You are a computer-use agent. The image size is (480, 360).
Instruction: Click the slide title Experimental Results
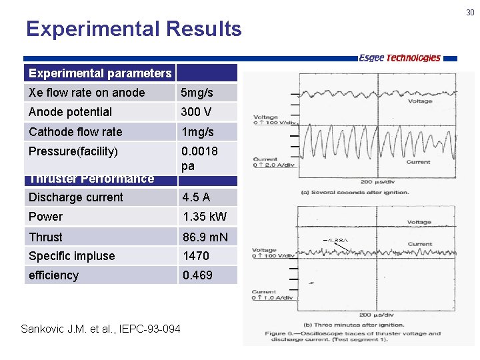tap(133, 29)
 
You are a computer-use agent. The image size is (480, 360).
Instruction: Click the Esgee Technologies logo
tap(399, 58)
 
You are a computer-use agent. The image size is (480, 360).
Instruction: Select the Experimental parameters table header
tap(100, 73)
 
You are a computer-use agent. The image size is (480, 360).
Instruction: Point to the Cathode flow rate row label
tap(75, 131)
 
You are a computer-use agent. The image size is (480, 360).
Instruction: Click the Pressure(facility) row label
tap(73, 151)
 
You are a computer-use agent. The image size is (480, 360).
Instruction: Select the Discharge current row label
tap(76, 197)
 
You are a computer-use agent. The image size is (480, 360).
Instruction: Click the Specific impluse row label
tap(72, 256)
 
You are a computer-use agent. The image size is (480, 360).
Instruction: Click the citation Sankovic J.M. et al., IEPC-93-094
tap(101, 329)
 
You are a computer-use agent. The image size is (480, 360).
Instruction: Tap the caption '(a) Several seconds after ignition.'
tap(355, 192)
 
